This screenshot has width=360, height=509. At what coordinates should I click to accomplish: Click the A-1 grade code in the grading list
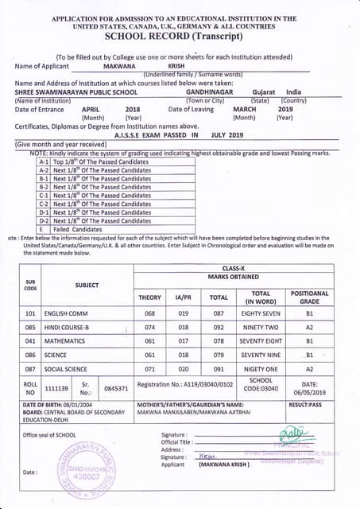(45, 161)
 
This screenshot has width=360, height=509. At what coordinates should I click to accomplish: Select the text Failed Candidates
(81, 228)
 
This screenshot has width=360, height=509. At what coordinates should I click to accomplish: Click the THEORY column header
(150, 297)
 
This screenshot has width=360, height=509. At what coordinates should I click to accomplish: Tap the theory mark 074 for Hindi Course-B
(149, 327)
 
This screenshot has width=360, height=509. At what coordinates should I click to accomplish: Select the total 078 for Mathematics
(217, 340)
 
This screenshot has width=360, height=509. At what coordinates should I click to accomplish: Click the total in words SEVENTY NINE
(261, 355)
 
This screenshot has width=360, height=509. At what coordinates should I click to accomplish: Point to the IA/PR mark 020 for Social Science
(183, 369)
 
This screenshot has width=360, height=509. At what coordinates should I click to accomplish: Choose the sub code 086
(30, 355)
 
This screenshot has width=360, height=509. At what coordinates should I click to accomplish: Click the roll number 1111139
(56, 388)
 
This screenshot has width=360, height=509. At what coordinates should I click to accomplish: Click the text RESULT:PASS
(305, 405)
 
